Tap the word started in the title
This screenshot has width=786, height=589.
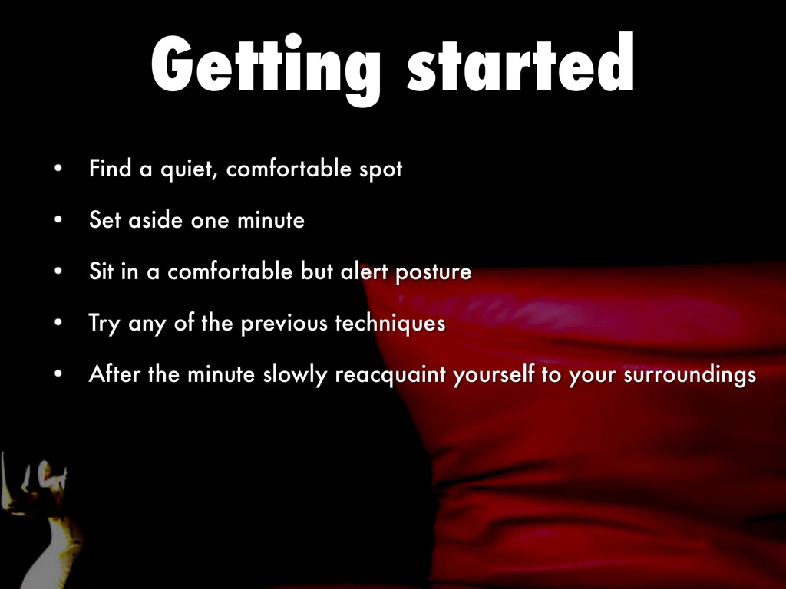(x=520, y=62)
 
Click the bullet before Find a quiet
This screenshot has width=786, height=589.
(x=58, y=168)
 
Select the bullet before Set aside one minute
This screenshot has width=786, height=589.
(x=58, y=219)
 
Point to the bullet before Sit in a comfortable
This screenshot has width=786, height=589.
(x=58, y=271)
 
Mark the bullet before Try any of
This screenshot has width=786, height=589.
(x=58, y=323)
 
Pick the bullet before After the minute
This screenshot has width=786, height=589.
(x=58, y=373)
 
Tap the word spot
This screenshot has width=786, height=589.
(x=381, y=170)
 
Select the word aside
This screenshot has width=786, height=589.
(x=155, y=219)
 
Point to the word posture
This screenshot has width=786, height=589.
(x=433, y=273)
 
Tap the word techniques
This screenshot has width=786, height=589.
(x=390, y=323)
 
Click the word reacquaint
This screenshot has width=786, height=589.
(x=390, y=375)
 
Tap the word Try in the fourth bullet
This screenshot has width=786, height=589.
(x=104, y=324)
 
